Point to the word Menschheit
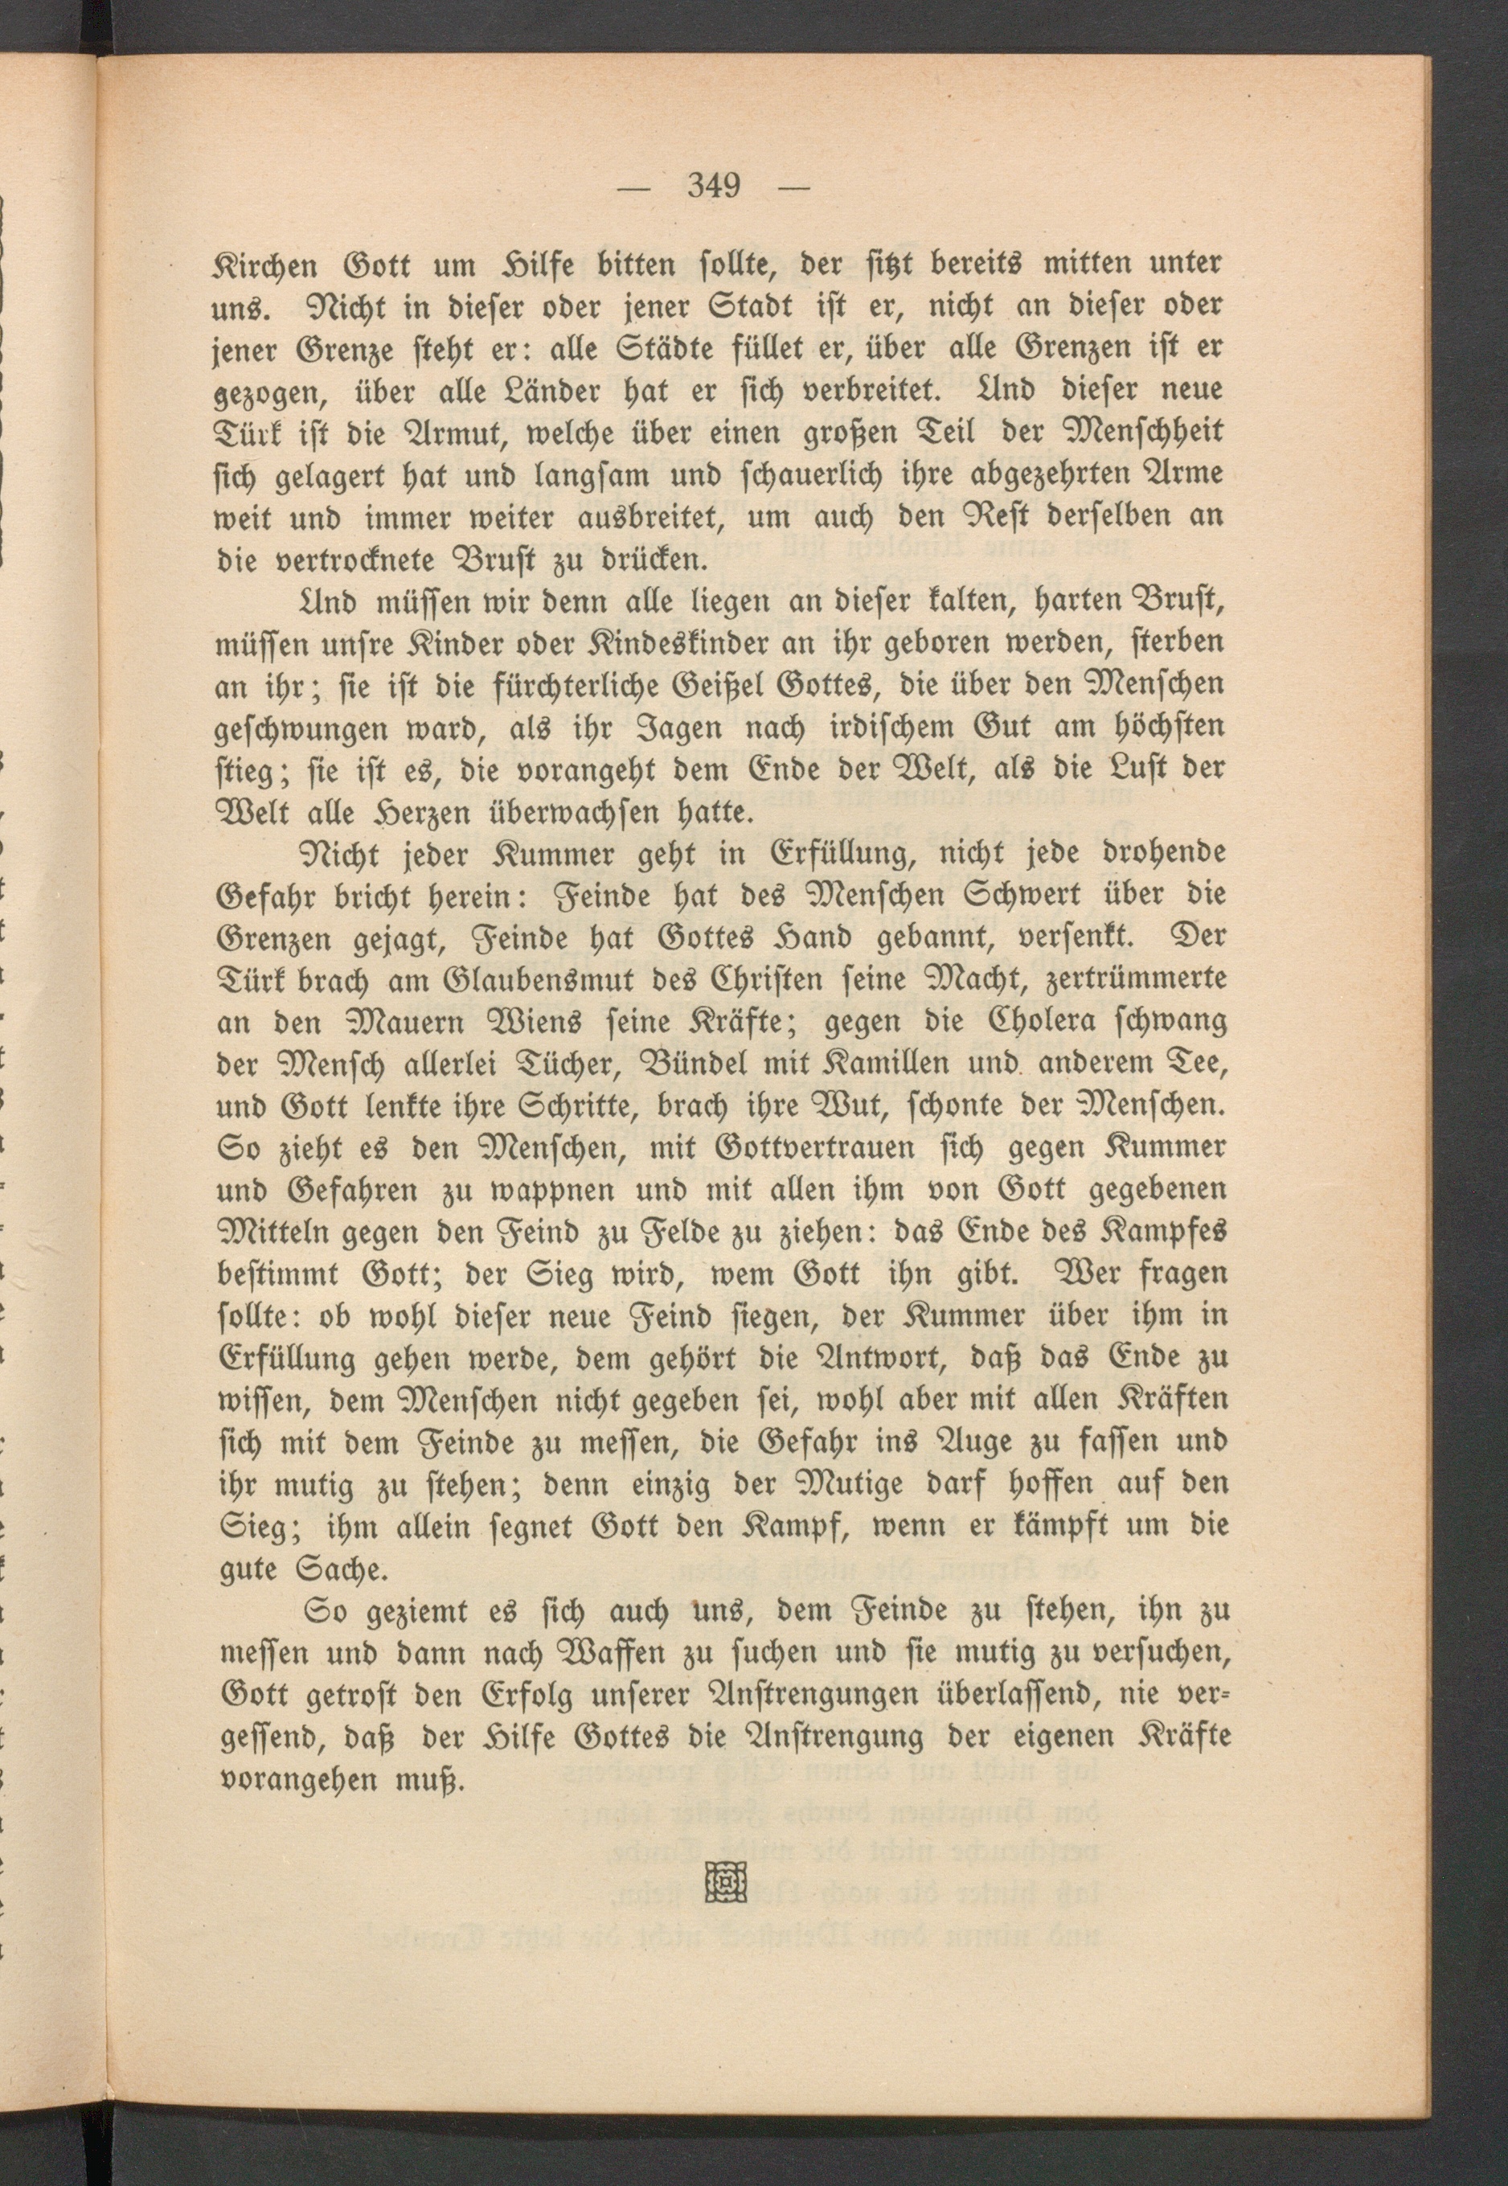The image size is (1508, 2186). tap(1142, 432)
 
